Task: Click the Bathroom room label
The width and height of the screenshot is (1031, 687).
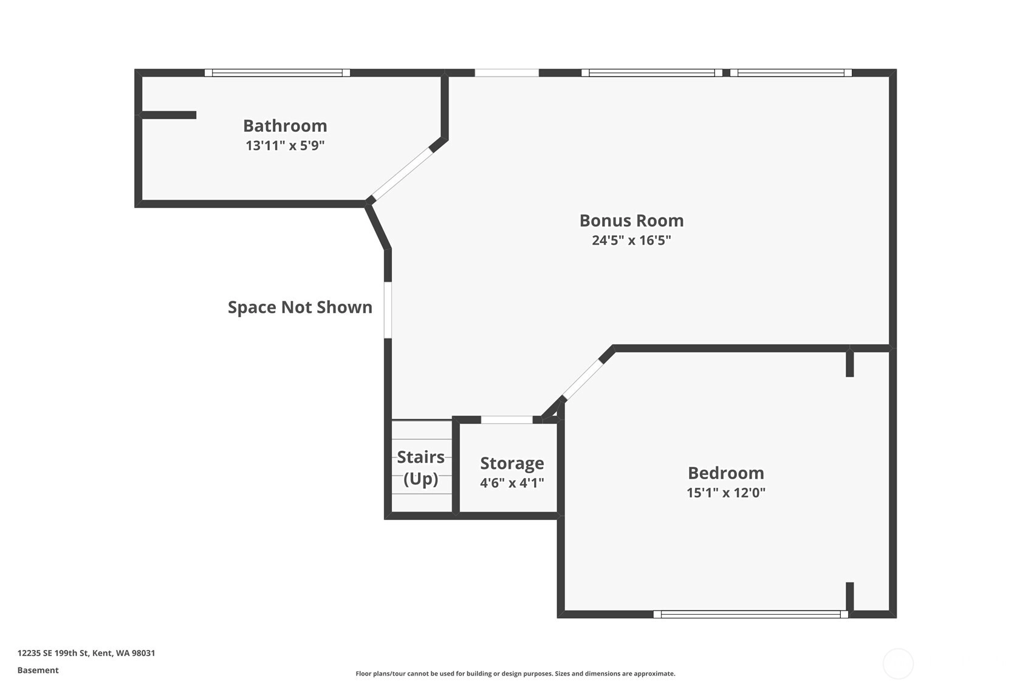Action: (x=285, y=126)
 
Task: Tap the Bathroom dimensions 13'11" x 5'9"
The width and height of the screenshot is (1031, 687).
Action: (x=285, y=145)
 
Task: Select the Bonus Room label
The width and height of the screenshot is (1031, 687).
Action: (x=631, y=220)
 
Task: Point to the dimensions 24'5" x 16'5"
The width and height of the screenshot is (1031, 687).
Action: (x=631, y=240)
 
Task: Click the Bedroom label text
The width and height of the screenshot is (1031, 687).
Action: (x=726, y=473)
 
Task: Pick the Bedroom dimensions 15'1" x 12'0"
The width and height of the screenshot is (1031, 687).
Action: (x=726, y=493)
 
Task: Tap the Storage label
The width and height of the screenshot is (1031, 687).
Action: (x=512, y=463)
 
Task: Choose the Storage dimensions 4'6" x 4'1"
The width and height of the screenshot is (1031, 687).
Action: (x=512, y=483)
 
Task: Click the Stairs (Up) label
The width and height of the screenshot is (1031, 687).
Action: (x=420, y=468)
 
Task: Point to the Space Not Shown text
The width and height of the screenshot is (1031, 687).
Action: (x=300, y=307)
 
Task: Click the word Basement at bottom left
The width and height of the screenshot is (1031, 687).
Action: (x=38, y=671)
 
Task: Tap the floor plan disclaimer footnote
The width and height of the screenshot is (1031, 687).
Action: (x=515, y=674)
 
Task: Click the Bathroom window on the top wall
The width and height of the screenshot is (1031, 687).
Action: (x=277, y=73)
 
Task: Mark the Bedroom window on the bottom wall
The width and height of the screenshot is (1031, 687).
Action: (x=751, y=614)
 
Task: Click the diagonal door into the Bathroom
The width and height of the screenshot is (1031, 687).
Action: (x=402, y=174)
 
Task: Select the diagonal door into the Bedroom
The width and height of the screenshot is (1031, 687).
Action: (x=583, y=380)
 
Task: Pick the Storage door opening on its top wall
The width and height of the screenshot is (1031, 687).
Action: (x=507, y=420)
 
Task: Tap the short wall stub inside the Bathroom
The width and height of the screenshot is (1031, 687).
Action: (x=169, y=115)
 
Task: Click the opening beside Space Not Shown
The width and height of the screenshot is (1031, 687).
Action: (x=388, y=310)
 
